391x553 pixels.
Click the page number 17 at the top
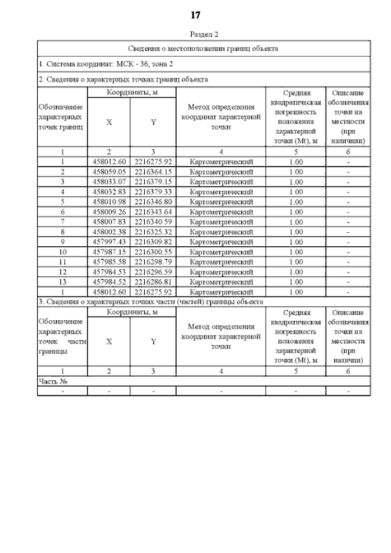[x=195, y=15]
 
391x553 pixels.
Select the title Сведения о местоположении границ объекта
[x=203, y=48]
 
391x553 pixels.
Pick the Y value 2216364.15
[x=153, y=172]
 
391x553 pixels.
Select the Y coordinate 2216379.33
[x=153, y=191]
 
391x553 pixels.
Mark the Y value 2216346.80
[x=153, y=201]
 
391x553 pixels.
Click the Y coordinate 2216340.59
[x=153, y=221]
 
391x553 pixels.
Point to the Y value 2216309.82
[x=153, y=241]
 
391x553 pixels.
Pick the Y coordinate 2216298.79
[x=153, y=261]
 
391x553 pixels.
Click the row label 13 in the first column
[x=62, y=281]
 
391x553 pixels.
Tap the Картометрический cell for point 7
[x=221, y=221]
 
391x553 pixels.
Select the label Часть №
[x=53, y=381]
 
